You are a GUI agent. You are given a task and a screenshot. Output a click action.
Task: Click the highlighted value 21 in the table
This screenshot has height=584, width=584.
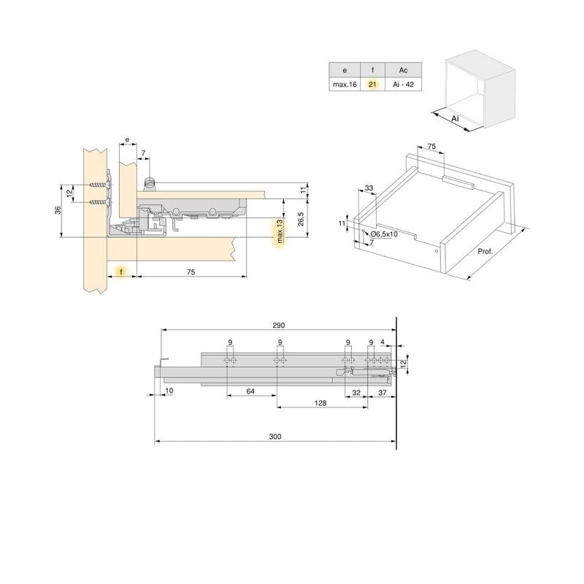(372, 85)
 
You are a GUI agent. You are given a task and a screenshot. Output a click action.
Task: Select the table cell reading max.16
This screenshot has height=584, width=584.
(344, 85)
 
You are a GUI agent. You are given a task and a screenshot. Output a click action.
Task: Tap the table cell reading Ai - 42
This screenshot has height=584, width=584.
(403, 85)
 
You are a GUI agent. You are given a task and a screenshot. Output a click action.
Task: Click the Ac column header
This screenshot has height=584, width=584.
(403, 70)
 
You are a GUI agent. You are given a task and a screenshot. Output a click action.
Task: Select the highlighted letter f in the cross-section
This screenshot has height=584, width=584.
(121, 271)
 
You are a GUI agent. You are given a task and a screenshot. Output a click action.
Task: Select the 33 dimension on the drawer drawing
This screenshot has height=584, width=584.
(369, 189)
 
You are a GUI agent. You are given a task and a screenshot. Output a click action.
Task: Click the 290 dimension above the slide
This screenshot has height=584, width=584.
(277, 325)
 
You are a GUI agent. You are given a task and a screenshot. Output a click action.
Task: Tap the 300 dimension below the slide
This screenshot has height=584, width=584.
(274, 436)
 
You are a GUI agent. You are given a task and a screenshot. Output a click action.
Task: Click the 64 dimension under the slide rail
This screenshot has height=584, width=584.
(250, 392)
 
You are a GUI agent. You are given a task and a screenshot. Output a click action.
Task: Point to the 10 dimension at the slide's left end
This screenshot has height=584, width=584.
(169, 391)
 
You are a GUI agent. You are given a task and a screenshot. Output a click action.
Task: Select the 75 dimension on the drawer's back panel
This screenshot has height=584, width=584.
(431, 147)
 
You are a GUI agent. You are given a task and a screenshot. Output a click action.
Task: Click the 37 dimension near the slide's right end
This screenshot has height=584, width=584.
(383, 392)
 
